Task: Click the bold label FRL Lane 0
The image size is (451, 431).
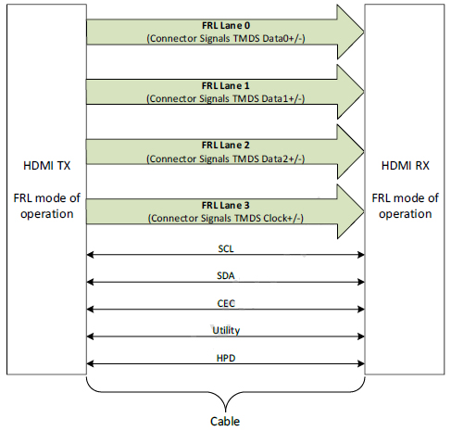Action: (x=226, y=25)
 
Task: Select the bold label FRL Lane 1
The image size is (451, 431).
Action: (x=226, y=85)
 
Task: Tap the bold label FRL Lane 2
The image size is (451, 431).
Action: (x=226, y=146)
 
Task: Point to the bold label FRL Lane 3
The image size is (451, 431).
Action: (x=226, y=205)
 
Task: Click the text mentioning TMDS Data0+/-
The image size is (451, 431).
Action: (x=226, y=38)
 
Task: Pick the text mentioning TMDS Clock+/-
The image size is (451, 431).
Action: (x=226, y=218)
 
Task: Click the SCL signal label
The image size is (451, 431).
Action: (x=226, y=248)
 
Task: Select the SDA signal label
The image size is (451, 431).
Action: (x=226, y=275)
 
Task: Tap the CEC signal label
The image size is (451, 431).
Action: (x=226, y=303)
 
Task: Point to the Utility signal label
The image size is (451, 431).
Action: (x=226, y=330)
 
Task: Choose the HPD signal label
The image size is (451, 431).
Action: (x=226, y=358)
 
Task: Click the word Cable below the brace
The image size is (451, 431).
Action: (x=225, y=421)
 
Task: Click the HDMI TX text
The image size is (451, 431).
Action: (x=47, y=166)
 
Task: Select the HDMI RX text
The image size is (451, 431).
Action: (x=406, y=166)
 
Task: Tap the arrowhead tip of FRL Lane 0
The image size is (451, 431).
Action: (x=364, y=32)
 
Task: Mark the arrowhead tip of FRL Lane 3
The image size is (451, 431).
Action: (x=364, y=211)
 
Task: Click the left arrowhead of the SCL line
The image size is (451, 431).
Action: (x=90, y=255)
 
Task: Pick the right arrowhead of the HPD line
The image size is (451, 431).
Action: (x=361, y=363)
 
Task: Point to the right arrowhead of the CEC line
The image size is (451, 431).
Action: (x=361, y=309)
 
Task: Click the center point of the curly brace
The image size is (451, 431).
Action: (x=226, y=411)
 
